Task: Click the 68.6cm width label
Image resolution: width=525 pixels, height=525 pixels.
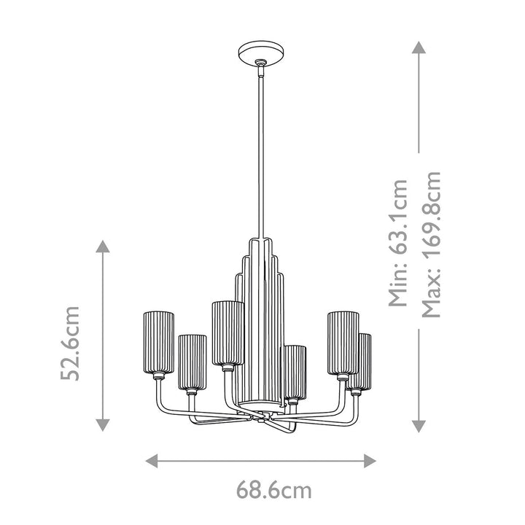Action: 273,490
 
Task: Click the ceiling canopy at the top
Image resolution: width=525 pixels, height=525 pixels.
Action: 260,55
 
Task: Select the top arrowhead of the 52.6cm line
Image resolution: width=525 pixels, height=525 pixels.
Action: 104,248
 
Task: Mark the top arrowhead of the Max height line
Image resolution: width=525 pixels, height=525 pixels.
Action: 419,47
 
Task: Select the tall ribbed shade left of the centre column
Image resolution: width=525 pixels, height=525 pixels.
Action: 227,331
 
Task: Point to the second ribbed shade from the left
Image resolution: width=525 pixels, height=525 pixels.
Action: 192,360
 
